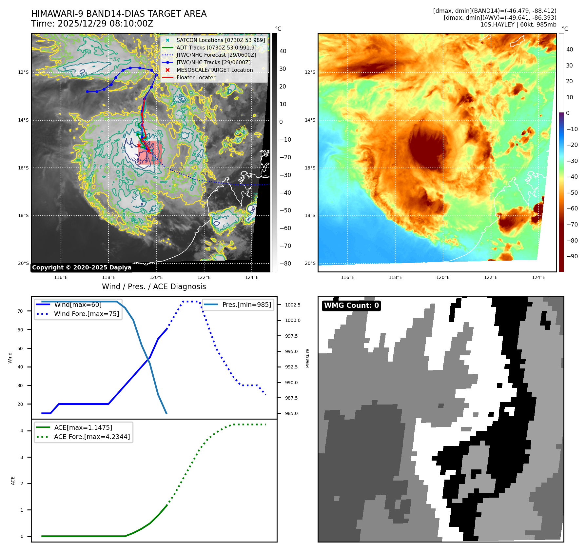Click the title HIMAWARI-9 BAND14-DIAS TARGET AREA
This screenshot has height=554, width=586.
pos(119,14)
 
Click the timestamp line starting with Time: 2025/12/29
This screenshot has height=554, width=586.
pos(92,24)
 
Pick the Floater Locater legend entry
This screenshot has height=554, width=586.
pos(196,77)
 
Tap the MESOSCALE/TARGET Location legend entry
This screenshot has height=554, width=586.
pos(214,70)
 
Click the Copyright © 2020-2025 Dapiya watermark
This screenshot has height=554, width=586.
pos(82,267)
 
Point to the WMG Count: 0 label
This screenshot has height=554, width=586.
pos(351,306)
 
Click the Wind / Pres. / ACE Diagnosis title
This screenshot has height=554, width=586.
pos(154,287)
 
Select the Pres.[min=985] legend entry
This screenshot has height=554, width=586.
pos(246,305)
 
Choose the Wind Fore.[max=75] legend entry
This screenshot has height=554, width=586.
pos(86,314)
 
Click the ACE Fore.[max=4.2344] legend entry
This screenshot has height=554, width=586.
pos(92,437)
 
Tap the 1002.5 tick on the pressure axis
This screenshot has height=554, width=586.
pos(293,305)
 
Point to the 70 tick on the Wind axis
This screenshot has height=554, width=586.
pos(20,311)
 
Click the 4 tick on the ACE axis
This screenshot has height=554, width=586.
pos(22,431)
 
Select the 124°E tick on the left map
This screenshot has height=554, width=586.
pos(252,277)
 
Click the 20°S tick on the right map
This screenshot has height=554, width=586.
pos(310,263)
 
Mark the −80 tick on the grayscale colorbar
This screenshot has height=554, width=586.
pos(285,263)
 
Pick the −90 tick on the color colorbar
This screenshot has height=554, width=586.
pos(572,256)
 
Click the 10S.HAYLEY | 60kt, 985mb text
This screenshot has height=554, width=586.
pos(518,25)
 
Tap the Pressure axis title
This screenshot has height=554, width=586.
pos(307,358)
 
